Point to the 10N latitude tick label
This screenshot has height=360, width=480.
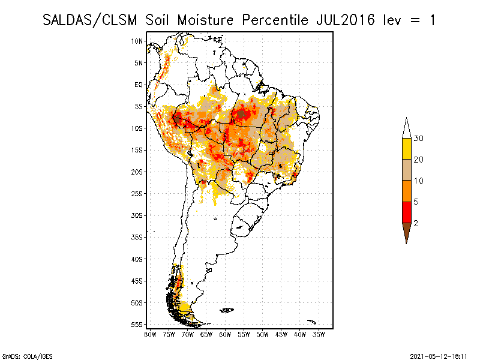(x=137, y=41)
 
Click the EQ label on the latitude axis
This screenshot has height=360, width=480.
(x=139, y=85)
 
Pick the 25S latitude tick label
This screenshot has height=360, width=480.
(x=137, y=193)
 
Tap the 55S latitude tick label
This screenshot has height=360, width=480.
(x=137, y=324)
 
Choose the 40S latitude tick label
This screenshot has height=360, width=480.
(x=137, y=259)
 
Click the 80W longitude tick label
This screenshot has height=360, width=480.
(x=150, y=334)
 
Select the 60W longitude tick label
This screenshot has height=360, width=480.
(x=225, y=334)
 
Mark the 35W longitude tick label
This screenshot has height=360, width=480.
(x=319, y=334)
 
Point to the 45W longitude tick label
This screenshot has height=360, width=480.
(x=281, y=334)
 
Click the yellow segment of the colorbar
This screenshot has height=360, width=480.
(x=406, y=149)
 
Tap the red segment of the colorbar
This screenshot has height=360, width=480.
(x=406, y=212)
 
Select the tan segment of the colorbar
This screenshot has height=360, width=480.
(x=406, y=170)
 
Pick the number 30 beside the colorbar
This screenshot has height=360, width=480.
(x=419, y=139)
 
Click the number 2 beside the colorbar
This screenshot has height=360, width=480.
(x=416, y=223)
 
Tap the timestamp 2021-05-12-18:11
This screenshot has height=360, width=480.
(x=439, y=355)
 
